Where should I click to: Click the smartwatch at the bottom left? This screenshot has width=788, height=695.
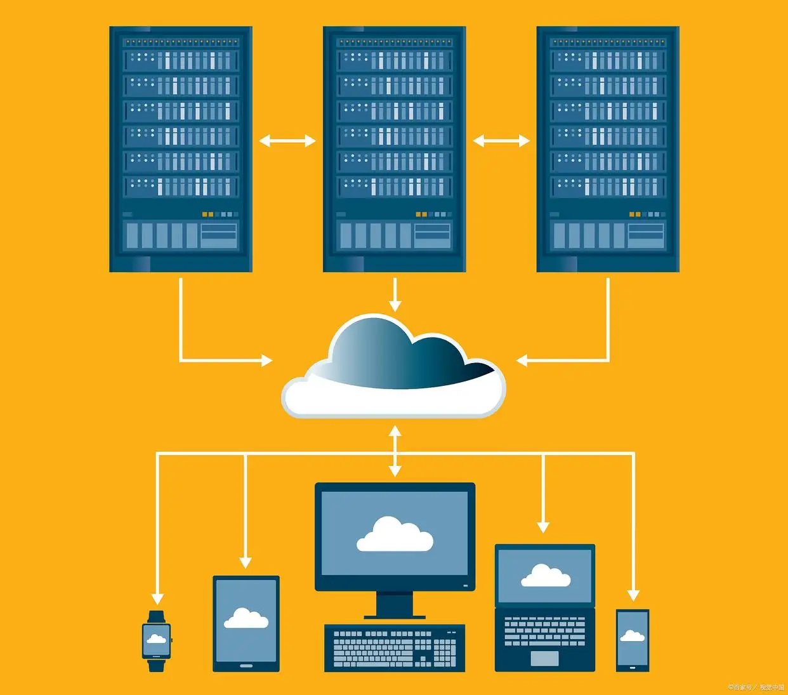[x=156, y=640]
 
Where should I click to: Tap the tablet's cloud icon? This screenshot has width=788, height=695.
[x=246, y=618]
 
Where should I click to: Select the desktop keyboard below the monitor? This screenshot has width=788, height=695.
[x=395, y=647]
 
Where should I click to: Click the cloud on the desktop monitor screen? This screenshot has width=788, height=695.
[x=395, y=534]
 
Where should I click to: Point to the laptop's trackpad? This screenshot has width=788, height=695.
[x=544, y=658]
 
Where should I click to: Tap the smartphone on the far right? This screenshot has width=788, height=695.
[x=633, y=640]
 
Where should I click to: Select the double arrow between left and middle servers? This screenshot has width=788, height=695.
[x=287, y=140]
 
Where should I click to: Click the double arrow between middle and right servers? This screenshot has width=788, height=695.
[x=501, y=140]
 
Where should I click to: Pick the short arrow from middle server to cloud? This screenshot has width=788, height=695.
[x=395, y=295]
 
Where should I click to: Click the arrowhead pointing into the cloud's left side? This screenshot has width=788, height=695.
[x=267, y=361]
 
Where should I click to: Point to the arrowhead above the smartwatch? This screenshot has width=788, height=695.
[x=157, y=598]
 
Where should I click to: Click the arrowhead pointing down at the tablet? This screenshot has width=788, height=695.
[x=246, y=562]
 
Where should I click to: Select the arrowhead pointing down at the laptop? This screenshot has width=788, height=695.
[x=543, y=527]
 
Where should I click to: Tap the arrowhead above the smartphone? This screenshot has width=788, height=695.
[x=633, y=595]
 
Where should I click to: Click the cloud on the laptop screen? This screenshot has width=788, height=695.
[x=545, y=576]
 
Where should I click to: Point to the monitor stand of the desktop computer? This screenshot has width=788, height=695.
[x=395, y=605]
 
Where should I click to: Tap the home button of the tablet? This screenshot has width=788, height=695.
[x=246, y=666]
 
